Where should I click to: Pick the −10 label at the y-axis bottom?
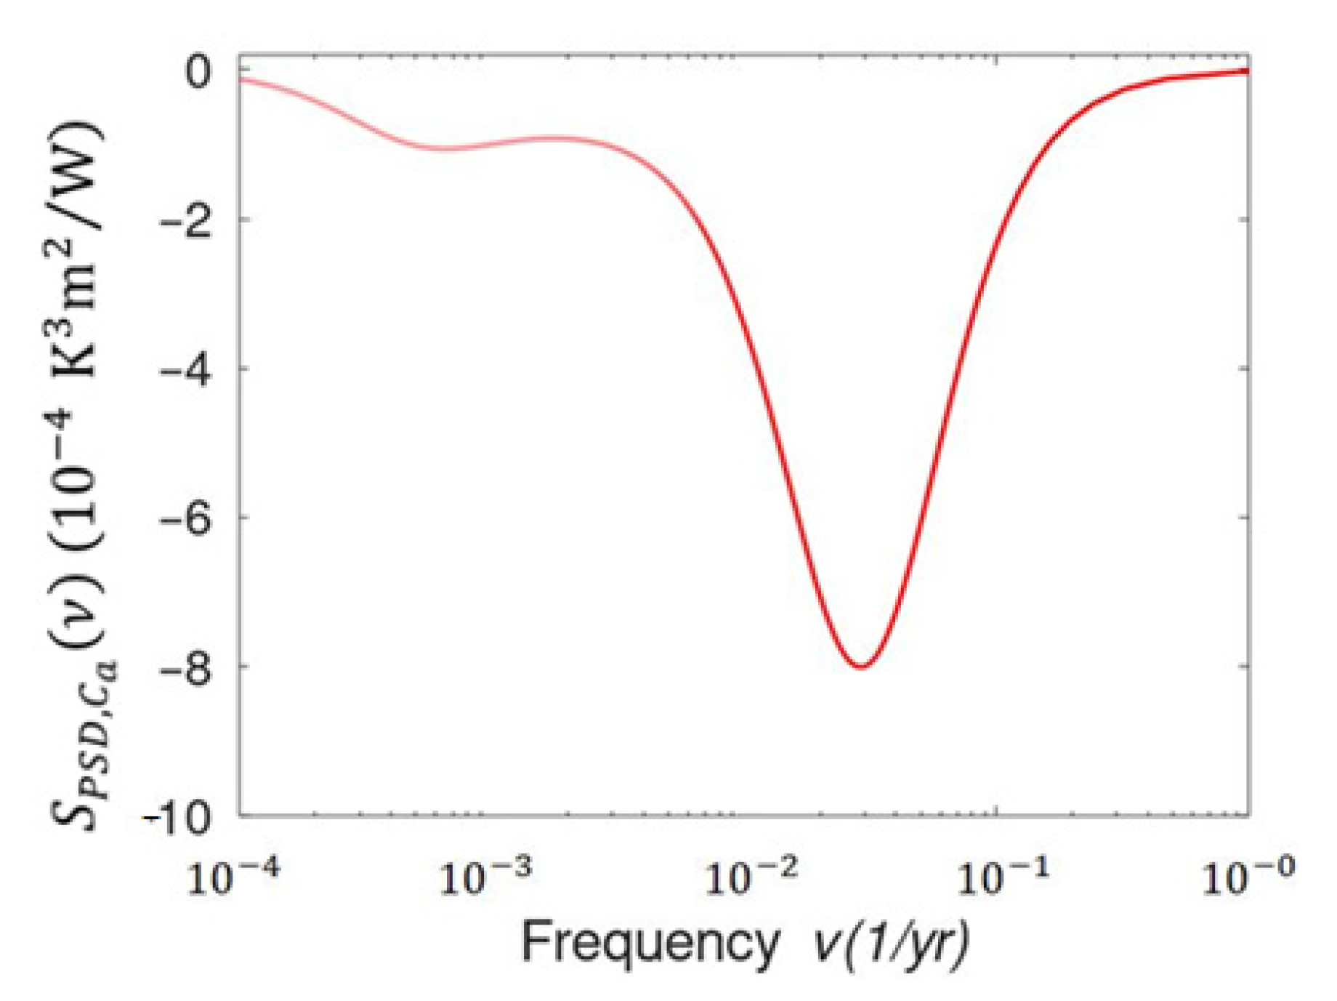(x=178, y=816)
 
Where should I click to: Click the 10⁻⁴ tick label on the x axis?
(x=233, y=876)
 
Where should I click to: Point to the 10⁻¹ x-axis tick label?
(x=1003, y=876)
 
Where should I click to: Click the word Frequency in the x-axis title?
(x=650, y=943)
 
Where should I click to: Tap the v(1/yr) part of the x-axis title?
(x=891, y=943)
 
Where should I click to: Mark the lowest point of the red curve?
(x=862, y=667)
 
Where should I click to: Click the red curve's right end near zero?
(x=1246, y=71)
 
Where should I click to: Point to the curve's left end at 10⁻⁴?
(x=242, y=79)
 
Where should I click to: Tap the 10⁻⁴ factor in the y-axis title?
(x=76, y=465)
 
